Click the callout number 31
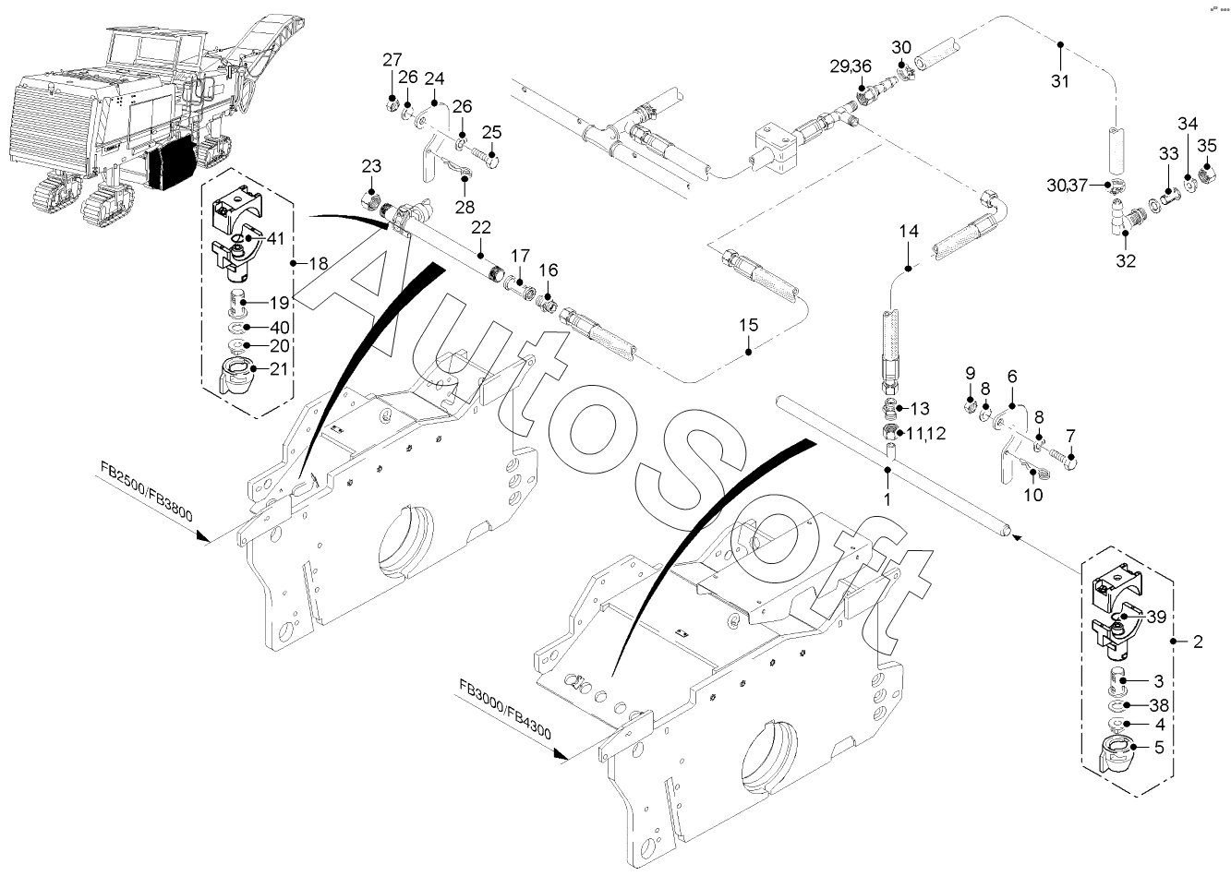coord(1059,80)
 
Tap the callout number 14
coord(909,232)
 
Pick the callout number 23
coord(371,166)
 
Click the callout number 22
coord(480,228)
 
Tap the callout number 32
coord(1125,260)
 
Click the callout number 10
coord(1033,495)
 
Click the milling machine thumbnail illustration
coord(129,120)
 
